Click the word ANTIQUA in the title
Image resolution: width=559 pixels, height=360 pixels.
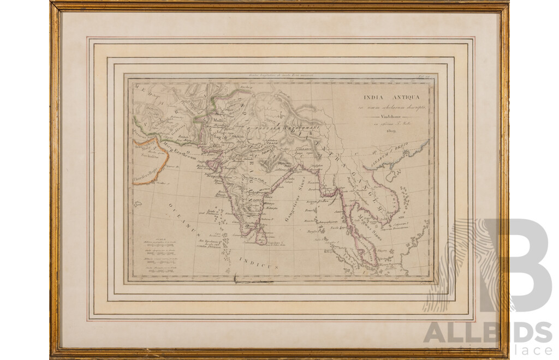click(400, 98)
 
